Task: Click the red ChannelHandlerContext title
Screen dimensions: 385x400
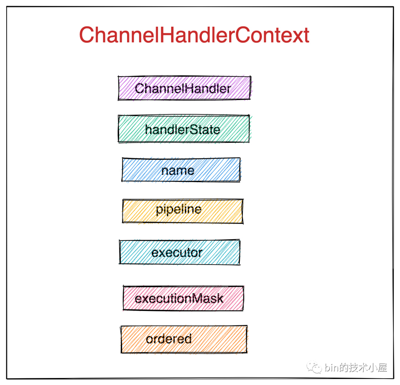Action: click(x=194, y=35)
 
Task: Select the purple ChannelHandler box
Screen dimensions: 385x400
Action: click(x=184, y=88)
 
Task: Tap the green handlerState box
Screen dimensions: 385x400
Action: click(x=184, y=129)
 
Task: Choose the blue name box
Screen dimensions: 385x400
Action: click(x=181, y=170)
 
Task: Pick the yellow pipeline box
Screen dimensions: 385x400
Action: click(x=182, y=211)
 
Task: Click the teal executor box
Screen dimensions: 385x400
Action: click(x=180, y=252)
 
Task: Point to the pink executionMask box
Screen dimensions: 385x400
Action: click(x=183, y=298)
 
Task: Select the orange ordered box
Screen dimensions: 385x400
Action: click(x=184, y=339)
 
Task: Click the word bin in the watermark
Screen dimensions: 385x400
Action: click(x=332, y=368)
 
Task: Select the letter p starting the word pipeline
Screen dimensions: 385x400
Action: click(x=159, y=211)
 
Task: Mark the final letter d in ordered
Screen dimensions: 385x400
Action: click(x=188, y=339)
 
